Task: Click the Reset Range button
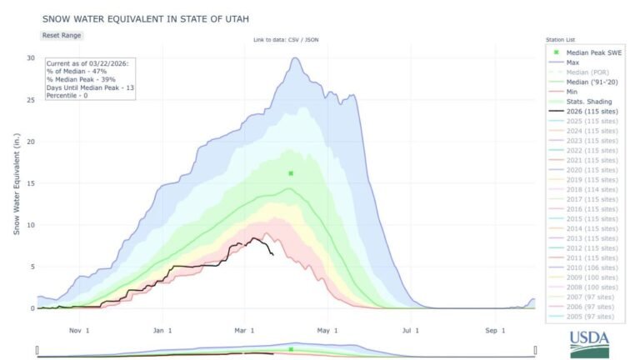pyautogui.click(x=62, y=35)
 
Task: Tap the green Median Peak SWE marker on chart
pyautogui.click(x=291, y=173)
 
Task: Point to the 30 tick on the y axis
pyautogui.click(x=30, y=58)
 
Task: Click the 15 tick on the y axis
pyautogui.click(x=30, y=183)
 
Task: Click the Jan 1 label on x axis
pyautogui.click(x=162, y=330)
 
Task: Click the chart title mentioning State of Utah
pyautogui.click(x=133, y=17)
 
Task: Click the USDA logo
pyautogui.click(x=589, y=342)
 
